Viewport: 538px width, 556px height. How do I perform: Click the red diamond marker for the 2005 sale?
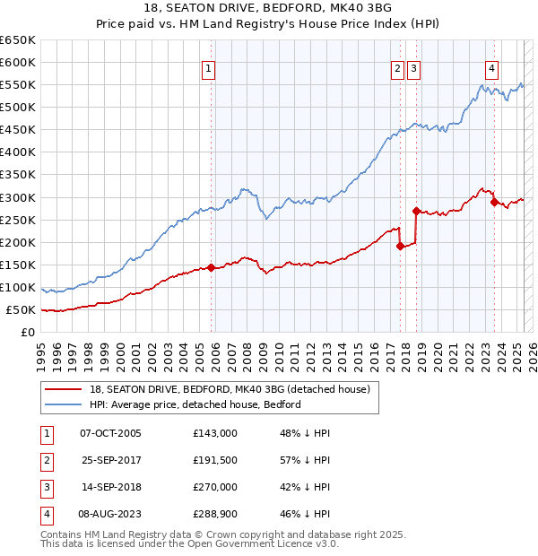pos(211,267)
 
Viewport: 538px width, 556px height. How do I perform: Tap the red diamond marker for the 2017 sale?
pos(400,246)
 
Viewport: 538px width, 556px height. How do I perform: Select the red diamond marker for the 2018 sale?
pos(416,211)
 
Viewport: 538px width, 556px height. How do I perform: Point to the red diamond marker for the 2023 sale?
pos(494,202)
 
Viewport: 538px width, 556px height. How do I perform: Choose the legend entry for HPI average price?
pos(195,404)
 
